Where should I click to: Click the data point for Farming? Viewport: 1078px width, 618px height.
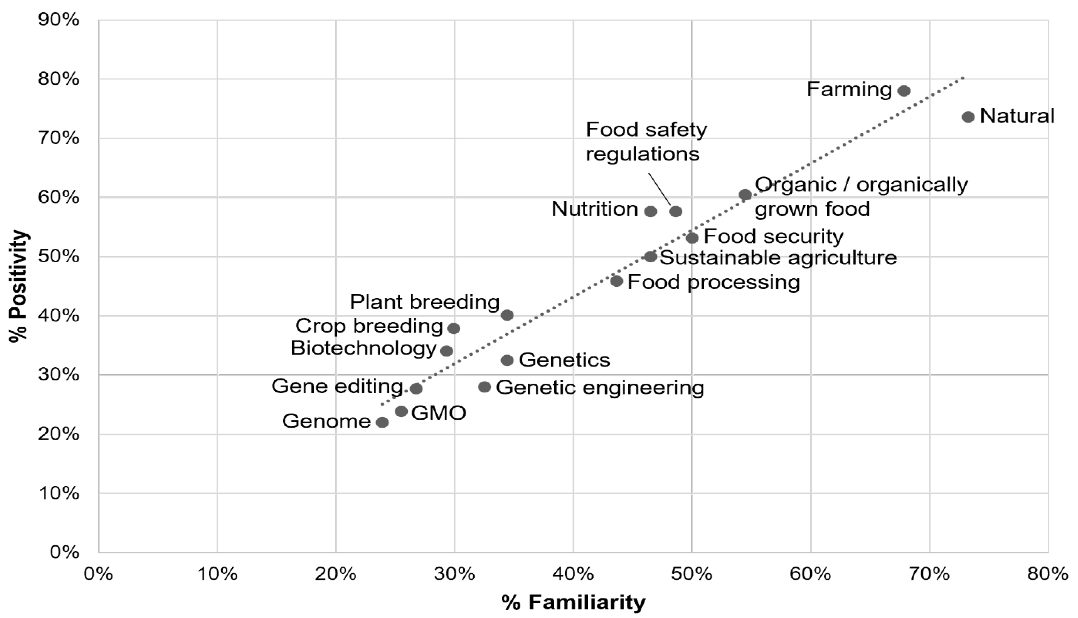904,91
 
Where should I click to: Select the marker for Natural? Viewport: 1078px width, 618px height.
968,117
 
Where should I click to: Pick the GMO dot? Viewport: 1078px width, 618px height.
401,411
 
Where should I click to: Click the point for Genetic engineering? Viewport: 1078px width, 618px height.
484,387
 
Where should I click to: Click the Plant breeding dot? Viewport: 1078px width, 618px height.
507,315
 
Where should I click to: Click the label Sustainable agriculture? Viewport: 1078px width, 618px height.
778,258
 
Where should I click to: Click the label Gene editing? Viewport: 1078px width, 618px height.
337,386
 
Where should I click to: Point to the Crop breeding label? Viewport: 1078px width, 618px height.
369,326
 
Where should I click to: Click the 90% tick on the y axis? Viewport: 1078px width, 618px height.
60,20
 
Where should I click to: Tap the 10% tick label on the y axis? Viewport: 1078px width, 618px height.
60,493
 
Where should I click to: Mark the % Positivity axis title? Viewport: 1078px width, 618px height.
19,286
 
